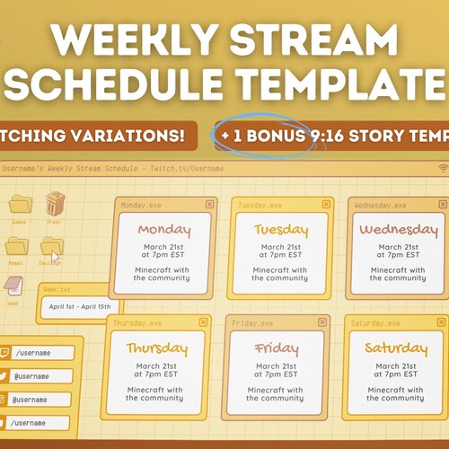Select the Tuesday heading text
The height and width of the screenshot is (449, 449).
point(282,230)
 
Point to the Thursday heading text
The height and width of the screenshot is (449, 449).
point(156,348)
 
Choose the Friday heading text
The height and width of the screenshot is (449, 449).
point(276,348)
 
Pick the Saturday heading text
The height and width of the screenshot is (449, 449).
point(395,348)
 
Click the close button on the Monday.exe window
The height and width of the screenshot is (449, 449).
point(209,204)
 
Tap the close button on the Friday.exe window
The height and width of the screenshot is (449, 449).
point(324,322)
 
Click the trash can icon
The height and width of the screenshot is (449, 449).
point(56,202)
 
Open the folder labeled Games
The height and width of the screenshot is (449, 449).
point(20,204)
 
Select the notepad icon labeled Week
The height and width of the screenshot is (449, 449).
point(13,286)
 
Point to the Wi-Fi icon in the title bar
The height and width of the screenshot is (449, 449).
point(442,168)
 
